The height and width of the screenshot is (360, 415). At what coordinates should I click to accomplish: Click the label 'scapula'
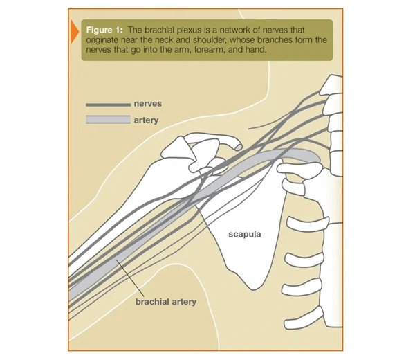[245, 235]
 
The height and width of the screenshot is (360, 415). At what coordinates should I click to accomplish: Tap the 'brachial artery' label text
[166, 302]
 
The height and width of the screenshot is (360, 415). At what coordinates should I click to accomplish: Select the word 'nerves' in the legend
[148, 104]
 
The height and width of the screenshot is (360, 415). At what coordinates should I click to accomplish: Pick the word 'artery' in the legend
[146, 120]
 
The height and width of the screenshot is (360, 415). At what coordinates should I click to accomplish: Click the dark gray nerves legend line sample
[109, 105]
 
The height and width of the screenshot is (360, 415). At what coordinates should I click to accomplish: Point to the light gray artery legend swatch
[109, 120]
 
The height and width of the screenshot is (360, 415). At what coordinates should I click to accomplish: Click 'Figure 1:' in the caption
[104, 30]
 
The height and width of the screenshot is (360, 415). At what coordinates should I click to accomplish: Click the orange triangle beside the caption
[75, 32]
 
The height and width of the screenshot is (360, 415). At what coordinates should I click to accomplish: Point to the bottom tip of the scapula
[254, 289]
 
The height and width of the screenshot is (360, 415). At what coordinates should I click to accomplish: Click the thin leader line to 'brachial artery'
[130, 278]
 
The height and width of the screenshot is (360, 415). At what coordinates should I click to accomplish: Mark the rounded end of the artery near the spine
[318, 159]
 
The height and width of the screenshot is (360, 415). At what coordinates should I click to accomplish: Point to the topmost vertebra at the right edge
[331, 84]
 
